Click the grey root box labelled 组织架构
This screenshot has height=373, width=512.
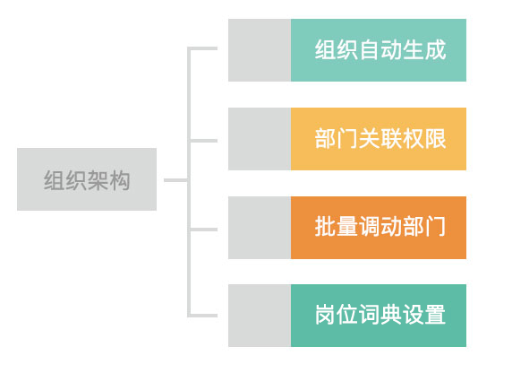pyautogui.click(x=86, y=179)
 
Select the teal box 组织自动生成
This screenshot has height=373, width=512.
pyautogui.click(x=378, y=50)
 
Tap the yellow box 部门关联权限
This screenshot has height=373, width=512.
pyautogui.click(x=378, y=139)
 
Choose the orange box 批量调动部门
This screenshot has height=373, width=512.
pyautogui.click(x=378, y=228)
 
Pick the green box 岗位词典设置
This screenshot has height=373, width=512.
pyautogui.click(x=378, y=316)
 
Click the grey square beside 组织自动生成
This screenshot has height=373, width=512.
pyautogui.click(x=259, y=50)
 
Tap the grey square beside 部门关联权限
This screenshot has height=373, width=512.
pyautogui.click(x=259, y=139)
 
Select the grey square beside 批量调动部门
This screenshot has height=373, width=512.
pyautogui.click(x=259, y=228)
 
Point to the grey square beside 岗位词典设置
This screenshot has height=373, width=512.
pyautogui.click(x=259, y=316)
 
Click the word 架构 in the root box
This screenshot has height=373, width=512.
pyautogui.click(x=108, y=180)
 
